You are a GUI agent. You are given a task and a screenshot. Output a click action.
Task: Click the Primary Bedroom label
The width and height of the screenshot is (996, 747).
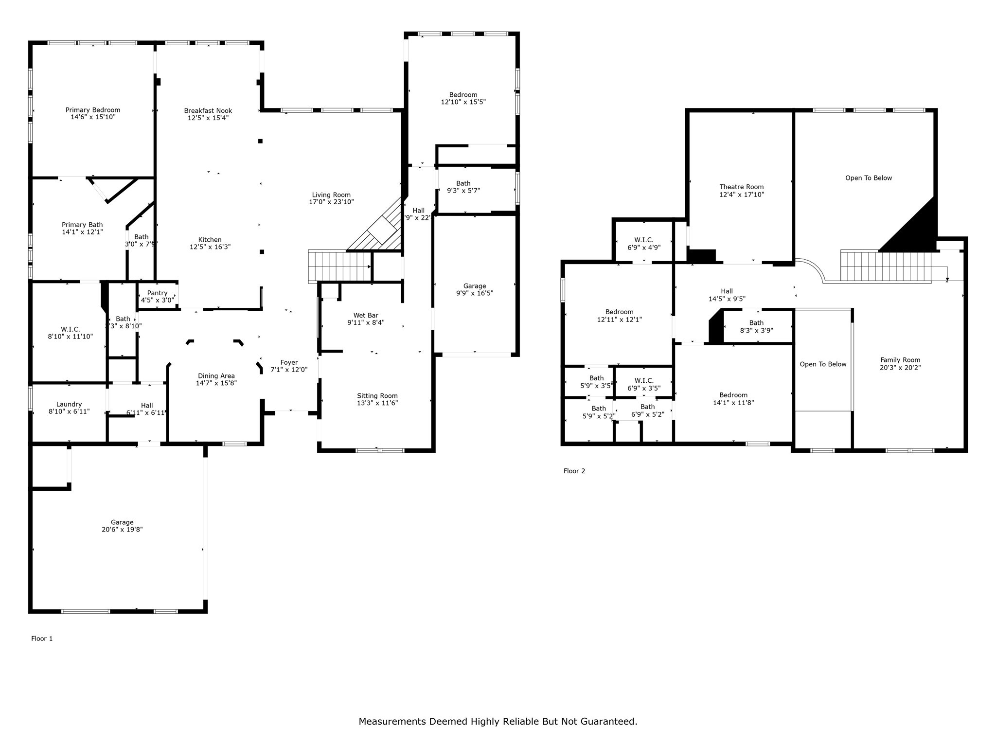pos(93,110)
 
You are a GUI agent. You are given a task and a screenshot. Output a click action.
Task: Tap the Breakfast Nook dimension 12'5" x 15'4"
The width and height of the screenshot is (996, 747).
pos(208,118)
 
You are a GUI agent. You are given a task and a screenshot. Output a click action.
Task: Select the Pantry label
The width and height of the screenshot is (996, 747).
pos(157,293)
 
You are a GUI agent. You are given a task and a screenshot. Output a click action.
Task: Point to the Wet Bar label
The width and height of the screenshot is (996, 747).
pos(366,316)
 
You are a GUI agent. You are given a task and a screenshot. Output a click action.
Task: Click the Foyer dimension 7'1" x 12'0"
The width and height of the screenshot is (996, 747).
pos(289,370)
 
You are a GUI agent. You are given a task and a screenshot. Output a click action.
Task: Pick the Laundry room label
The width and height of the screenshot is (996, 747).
pos(69,404)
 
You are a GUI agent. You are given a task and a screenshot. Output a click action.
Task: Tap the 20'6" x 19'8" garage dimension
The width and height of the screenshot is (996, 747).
pos(122,530)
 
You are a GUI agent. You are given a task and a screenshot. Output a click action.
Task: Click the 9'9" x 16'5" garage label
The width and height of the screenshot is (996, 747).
pos(475,286)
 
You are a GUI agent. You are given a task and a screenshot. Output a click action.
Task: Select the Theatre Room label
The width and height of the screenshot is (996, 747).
pos(742,187)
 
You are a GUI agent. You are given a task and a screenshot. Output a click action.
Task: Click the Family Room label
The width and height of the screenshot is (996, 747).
pos(900,360)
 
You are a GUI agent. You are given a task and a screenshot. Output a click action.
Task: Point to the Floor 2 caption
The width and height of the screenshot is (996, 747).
pos(574,471)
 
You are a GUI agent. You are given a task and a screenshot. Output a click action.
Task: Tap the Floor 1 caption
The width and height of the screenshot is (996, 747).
pos(42,639)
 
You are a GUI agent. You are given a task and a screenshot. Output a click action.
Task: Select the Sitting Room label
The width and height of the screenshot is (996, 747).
pos(377,396)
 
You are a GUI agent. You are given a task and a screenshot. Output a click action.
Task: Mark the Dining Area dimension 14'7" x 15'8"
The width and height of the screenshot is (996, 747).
pos(216,383)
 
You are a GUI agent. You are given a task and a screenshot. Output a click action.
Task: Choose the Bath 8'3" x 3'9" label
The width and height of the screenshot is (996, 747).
pos(756,323)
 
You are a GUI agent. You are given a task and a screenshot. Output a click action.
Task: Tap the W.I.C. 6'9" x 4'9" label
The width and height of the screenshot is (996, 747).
pos(644,240)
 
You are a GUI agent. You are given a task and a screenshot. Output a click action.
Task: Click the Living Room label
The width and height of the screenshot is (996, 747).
pos(331,195)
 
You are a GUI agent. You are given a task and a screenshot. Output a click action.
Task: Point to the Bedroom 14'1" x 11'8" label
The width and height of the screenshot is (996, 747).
pos(733,395)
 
